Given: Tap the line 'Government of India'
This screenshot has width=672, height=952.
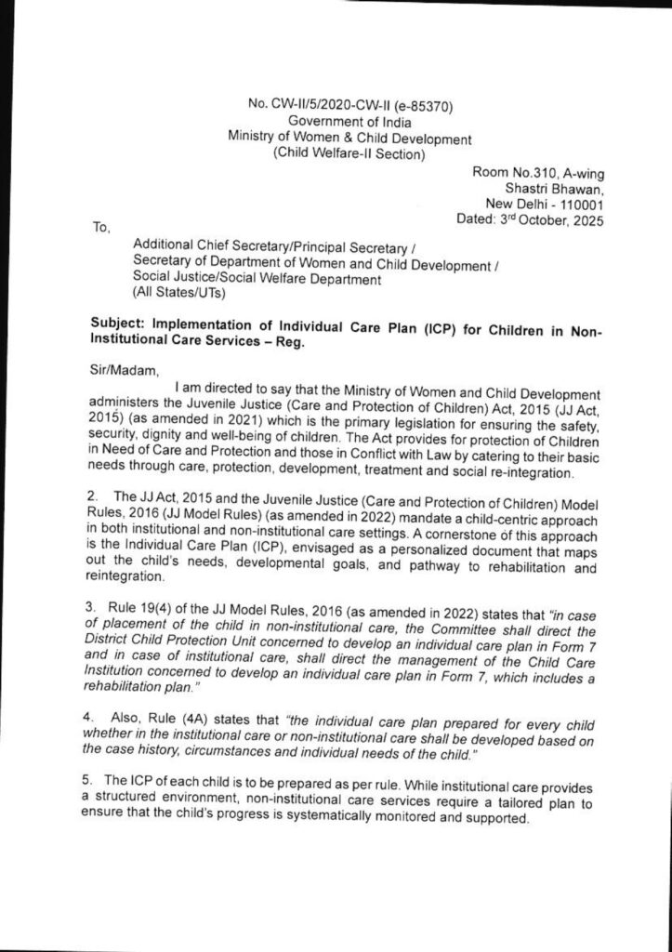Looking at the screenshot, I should (349, 122).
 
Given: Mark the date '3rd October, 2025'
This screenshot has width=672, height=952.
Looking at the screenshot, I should (548, 220).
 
